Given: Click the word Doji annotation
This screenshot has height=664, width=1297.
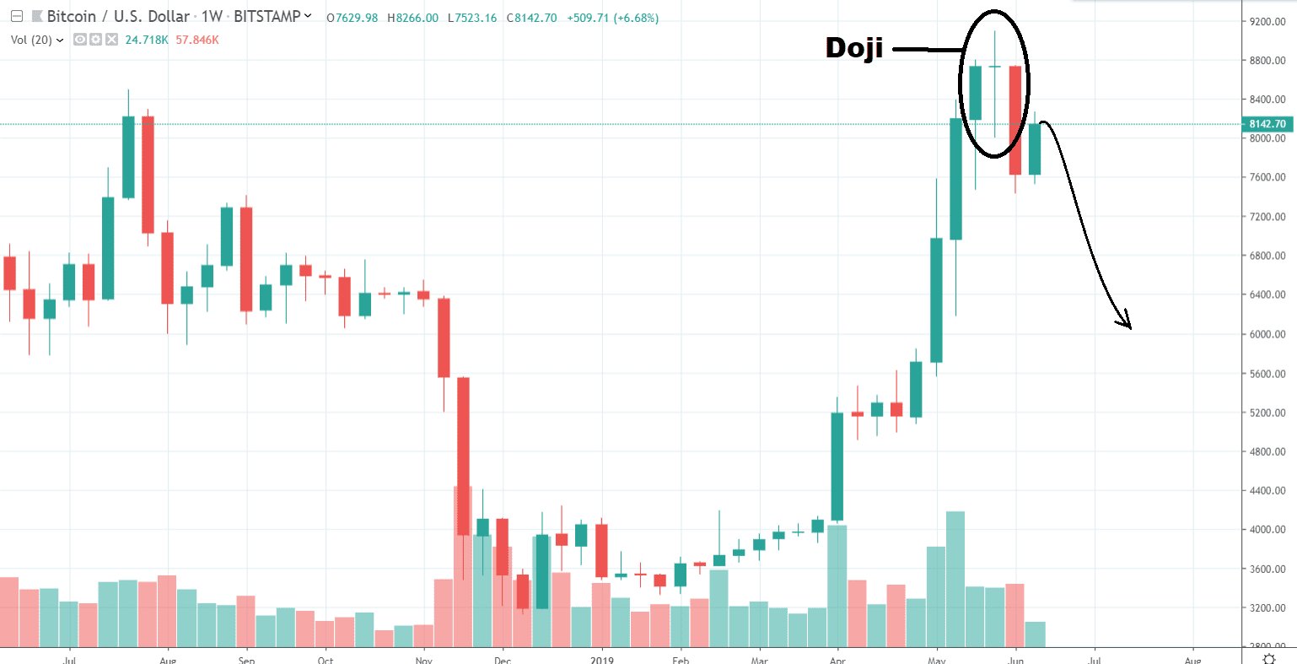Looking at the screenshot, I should coord(853,48).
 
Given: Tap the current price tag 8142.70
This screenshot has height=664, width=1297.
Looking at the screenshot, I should coord(1267,124).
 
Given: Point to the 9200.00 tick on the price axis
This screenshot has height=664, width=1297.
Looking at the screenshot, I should coord(1267,21).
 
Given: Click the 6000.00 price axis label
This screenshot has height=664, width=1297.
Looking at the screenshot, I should coord(1267,334).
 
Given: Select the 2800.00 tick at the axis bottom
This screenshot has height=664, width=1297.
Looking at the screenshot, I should coord(1267,646).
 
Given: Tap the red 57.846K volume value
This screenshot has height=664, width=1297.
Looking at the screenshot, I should coord(197,40).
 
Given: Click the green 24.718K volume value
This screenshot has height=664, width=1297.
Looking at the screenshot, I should coord(148,40).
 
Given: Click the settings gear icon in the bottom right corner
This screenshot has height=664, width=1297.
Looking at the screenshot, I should coord(1268,658).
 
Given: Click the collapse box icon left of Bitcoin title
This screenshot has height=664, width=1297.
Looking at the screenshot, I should coord(16,17).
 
